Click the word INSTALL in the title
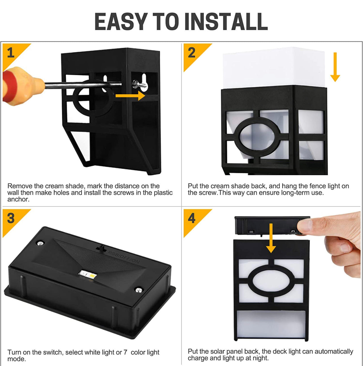tap(226, 21)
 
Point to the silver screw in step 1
tap(140, 86)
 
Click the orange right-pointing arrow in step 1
tap(130, 95)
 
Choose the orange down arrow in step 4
tap(271, 238)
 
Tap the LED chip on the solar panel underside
tap(88, 274)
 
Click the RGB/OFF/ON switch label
tap(124, 257)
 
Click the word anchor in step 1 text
tap(18, 199)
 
